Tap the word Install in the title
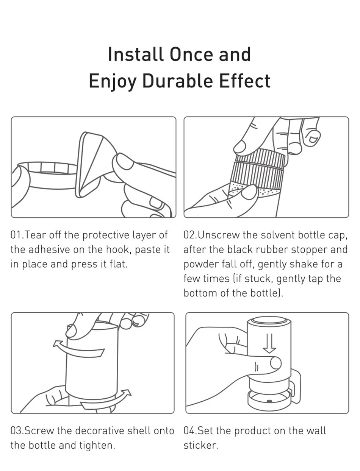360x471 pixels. point(135,54)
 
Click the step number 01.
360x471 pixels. point(15,235)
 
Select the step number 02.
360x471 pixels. point(188,235)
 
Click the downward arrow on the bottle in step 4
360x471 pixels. point(269,343)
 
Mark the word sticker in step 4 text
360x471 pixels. point(200,445)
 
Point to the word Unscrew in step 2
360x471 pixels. point(218,235)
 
